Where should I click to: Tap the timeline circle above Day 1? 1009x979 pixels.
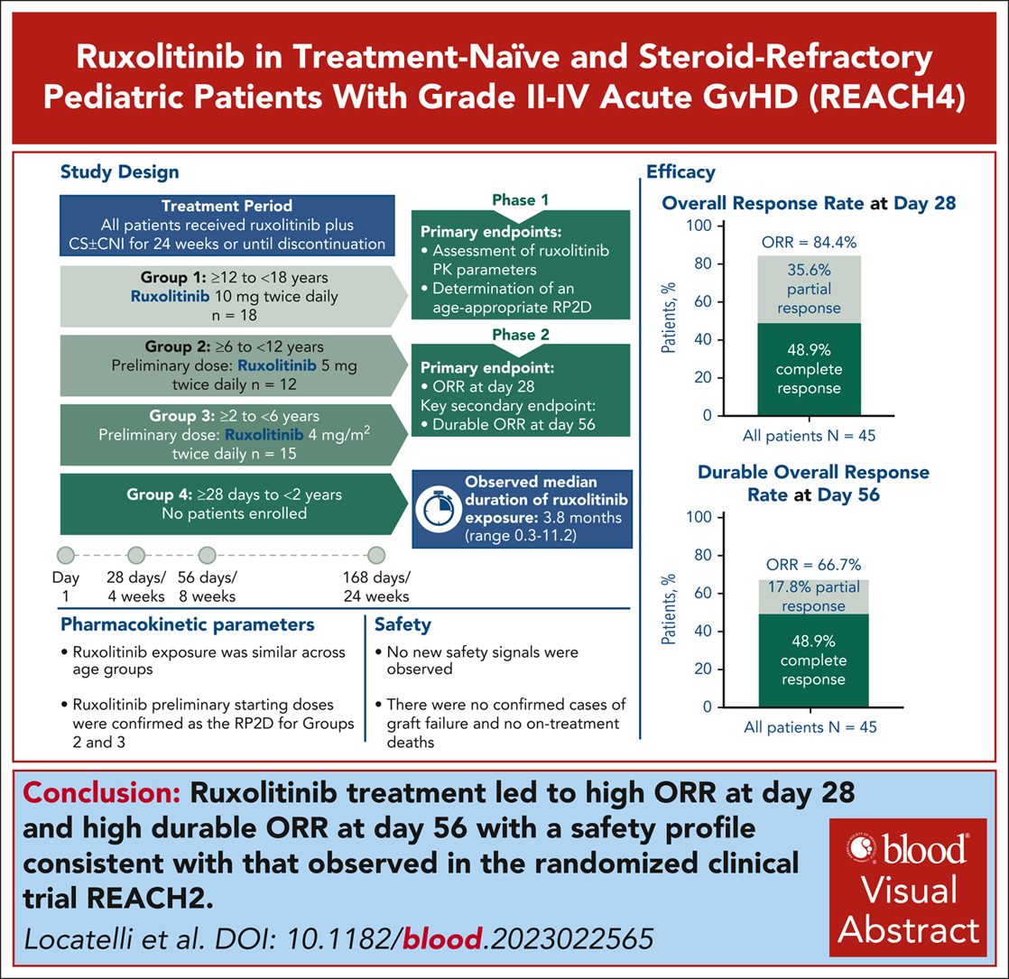[x=66, y=554]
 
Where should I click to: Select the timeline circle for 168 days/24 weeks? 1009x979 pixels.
[x=376, y=554]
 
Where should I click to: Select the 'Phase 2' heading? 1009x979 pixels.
[x=515, y=334]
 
